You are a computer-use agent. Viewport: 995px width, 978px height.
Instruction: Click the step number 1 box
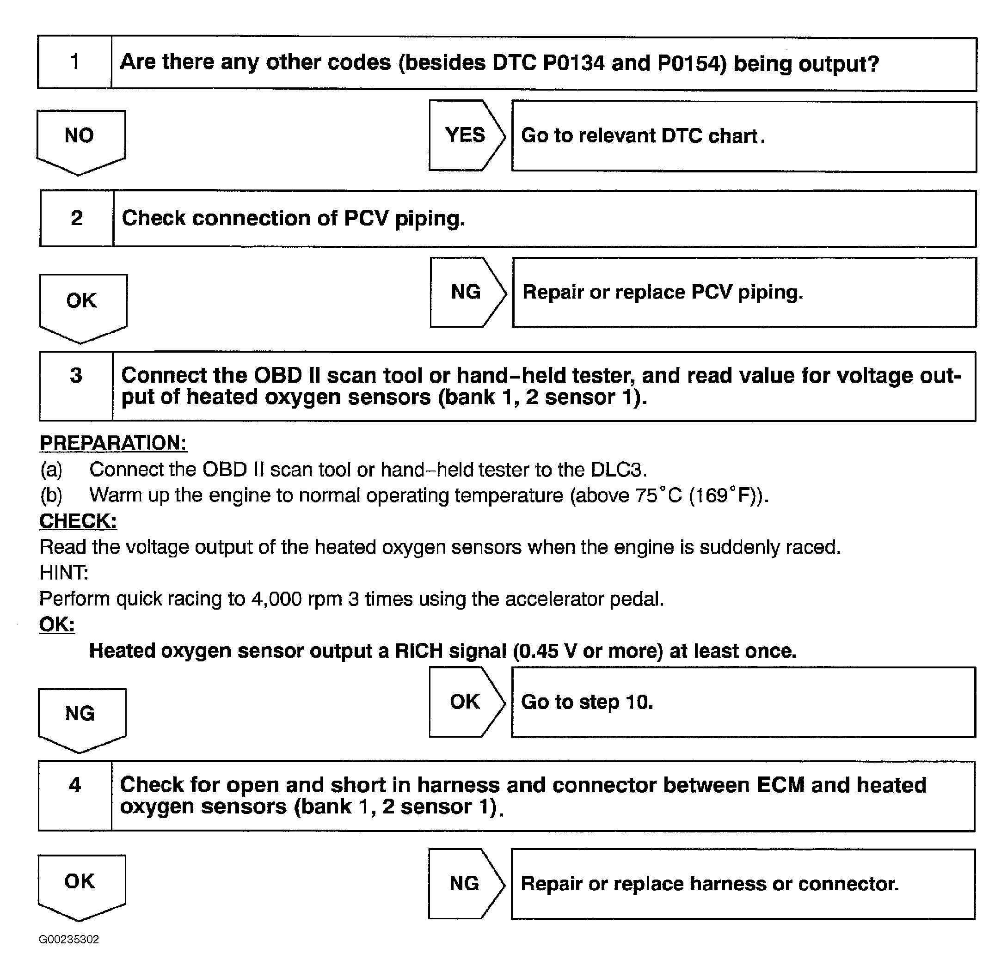pos(74,62)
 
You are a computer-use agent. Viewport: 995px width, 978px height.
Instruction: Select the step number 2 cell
pos(77,218)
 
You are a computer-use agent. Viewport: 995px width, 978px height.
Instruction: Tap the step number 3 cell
pos(76,386)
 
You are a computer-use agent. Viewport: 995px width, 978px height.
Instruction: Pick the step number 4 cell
pos(75,795)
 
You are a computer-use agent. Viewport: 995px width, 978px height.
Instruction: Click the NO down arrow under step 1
pos(81,140)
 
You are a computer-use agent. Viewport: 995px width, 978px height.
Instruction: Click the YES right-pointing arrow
pos(465,135)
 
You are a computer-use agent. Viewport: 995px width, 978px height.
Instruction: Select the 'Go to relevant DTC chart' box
pos(743,137)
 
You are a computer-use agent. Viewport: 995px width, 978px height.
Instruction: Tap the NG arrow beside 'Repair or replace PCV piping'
pos(466,292)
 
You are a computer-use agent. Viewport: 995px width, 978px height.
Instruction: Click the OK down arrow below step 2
pos(83,306)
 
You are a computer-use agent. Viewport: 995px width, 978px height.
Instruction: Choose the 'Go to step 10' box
pos(743,702)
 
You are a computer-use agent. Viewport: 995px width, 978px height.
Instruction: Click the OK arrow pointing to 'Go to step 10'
pos(465,702)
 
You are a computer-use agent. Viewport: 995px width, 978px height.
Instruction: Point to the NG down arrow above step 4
pos(82,718)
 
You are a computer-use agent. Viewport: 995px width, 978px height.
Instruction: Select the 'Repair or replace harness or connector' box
pos(743,884)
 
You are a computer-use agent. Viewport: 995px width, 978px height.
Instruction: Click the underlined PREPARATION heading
pos(113,443)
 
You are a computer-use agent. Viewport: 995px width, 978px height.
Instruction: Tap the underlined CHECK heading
pos(78,521)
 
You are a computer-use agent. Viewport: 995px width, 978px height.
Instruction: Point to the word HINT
pos(64,573)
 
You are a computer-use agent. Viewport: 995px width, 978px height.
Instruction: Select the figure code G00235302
pos(69,940)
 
